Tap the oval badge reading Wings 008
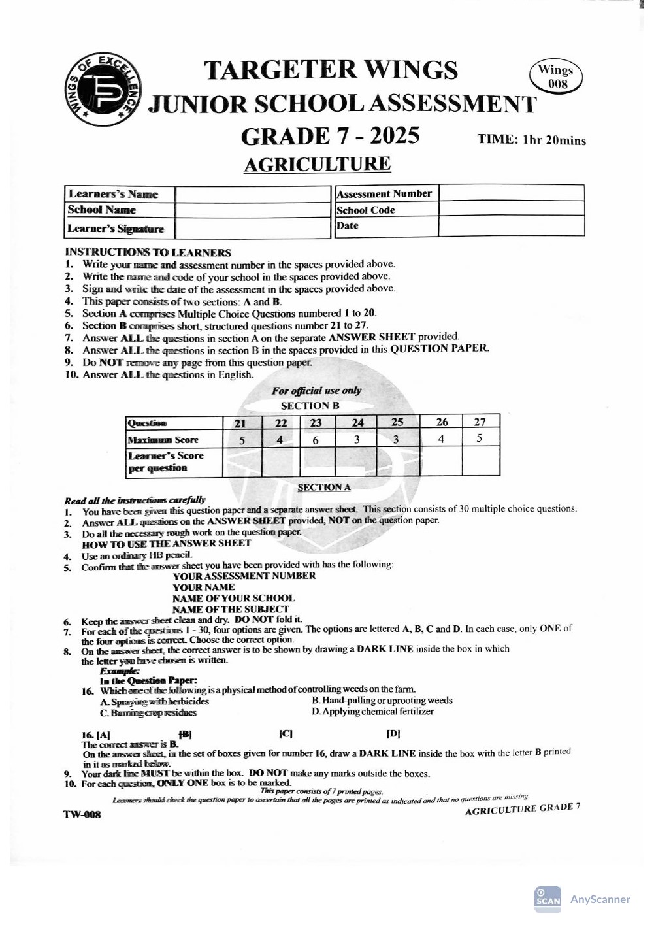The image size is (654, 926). point(556,76)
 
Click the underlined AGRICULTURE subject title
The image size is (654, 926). point(317,164)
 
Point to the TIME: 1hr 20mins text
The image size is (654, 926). point(531,140)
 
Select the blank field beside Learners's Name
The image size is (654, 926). point(253,194)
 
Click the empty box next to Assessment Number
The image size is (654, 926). point(511,193)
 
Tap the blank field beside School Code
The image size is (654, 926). point(511,209)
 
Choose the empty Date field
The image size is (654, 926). point(511,225)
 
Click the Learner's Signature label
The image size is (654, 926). point(116,229)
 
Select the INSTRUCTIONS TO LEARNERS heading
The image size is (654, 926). point(148,252)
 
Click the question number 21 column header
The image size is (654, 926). point(241,423)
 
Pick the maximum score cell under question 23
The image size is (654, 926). point(316,440)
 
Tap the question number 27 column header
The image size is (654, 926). point(480,422)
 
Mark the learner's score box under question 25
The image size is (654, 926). point(398,461)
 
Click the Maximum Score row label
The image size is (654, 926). point(163,440)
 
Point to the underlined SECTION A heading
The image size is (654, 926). point(323,487)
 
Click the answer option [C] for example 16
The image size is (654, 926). point(286,734)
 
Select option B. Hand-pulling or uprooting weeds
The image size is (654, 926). point(382,701)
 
